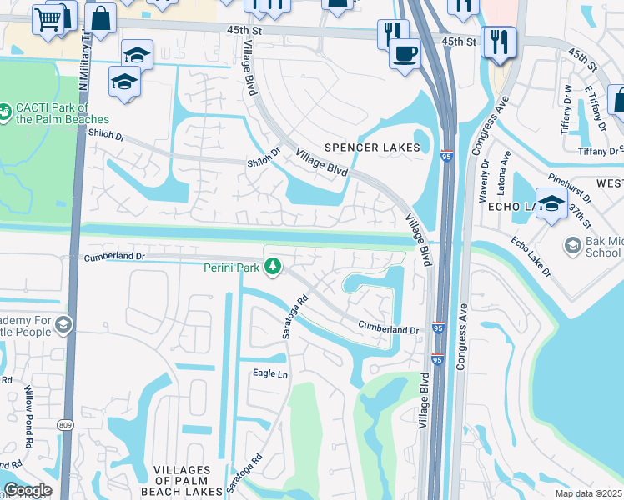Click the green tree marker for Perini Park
(x=272, y=267)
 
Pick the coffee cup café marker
(x=405, y=53)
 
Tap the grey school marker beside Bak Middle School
(x=572, y=245)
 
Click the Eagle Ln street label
(x=270, y=374)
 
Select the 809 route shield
(x=65, y=425)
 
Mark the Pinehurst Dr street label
(x=570, y=188)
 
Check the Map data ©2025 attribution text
(x=589, y=493)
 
